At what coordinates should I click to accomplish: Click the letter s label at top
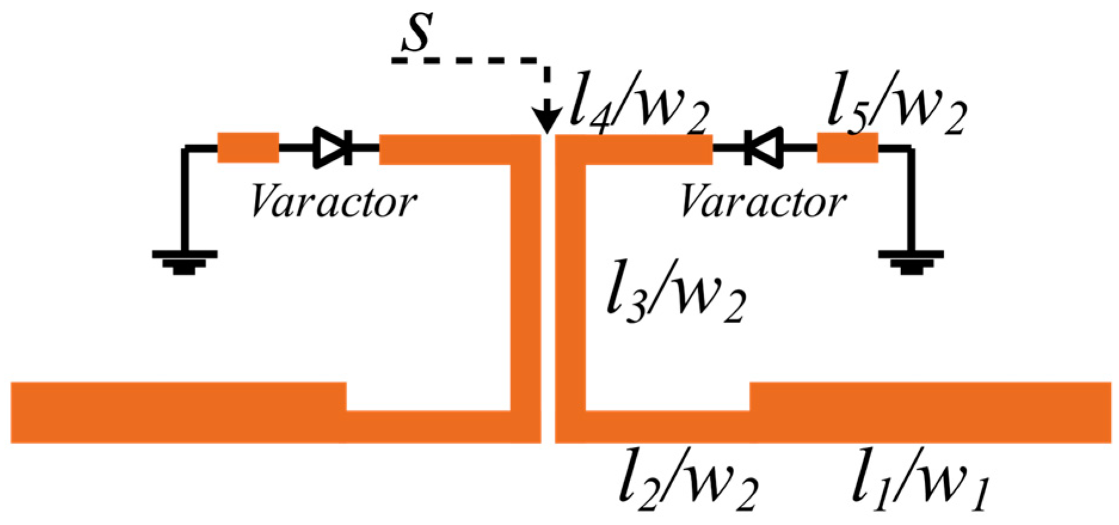coord(416,33)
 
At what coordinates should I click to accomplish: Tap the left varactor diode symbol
coord(333,148)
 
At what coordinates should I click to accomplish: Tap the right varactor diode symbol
coord(763,148)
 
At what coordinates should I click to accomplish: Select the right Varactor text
coord(763,202)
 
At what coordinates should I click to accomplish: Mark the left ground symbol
coord(184,261)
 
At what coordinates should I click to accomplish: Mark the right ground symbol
coord(911,261)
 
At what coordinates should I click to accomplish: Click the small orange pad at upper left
coord(248,148)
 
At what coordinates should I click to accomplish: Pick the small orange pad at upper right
coord(847,148)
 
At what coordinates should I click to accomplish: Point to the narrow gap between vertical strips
coord(548,287)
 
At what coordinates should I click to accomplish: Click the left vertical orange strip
coord(525,287)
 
